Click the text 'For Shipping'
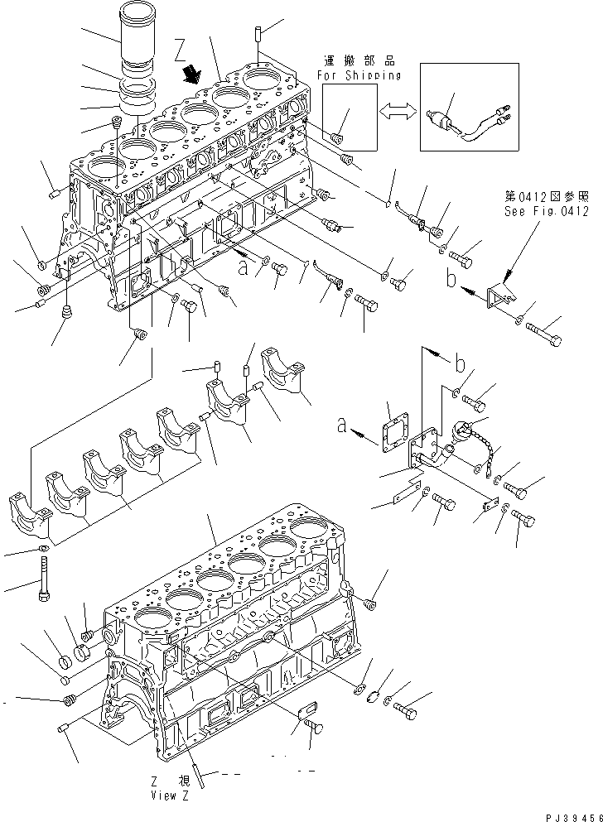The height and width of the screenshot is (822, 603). pyautogui.click(x=359, y=75)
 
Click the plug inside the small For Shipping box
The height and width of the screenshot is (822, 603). pyautogui.click(x=338, y=137)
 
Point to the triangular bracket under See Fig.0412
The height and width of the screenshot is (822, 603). pyautogui.click(x=499, y=296)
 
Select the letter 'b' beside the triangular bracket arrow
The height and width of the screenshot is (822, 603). pyautogui.click(x=451, y=281)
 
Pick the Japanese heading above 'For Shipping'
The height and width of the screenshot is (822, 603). pyautogui.click(x=359, y=61)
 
